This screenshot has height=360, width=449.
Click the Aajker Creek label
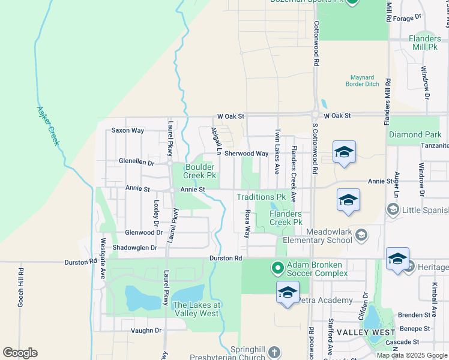pyautogui.click(x=47, y=126)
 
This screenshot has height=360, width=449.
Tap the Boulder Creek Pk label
pyautogui.click(x=199, y=171)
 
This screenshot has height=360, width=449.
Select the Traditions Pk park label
pyautogui.click(x=261, y=197)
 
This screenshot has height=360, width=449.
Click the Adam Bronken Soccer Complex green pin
pyautogui.click(x=277, y=268)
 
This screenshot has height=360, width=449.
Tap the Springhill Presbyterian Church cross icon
pyautogui.click(x=274, y=352)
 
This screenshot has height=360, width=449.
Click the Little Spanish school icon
pyautogui.click(x=393, y=209)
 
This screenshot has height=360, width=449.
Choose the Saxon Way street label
pyautogui.click(x=128, y=130)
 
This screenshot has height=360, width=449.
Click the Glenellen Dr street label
pyautogui.click(x=136, y=162)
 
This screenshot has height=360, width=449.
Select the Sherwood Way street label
pyautogui.click(x=247, y=154)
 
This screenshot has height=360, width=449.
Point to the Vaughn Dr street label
pyautogui.click(x=146, y=330)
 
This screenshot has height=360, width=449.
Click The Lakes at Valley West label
pyautogui.click(x=197, y=309)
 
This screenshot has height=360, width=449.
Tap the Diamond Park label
pyautogui.click(x=415, y=135)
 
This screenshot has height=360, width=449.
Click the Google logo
pyautogui.click(x=20, y=352)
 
